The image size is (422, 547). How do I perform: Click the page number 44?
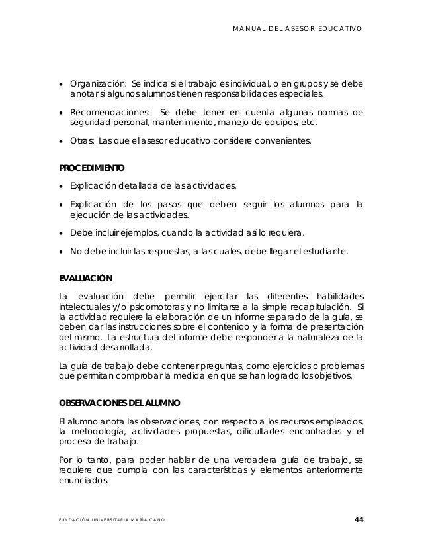pos(359,519)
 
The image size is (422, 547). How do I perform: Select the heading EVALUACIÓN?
pos(86,278)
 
